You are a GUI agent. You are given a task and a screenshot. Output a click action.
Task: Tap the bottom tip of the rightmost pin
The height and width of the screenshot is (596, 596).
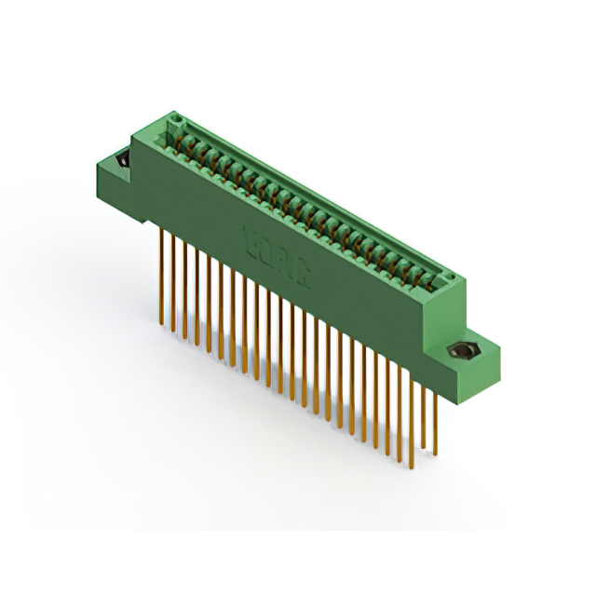435,456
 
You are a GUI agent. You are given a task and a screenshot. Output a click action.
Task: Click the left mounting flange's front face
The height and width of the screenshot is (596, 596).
116,196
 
